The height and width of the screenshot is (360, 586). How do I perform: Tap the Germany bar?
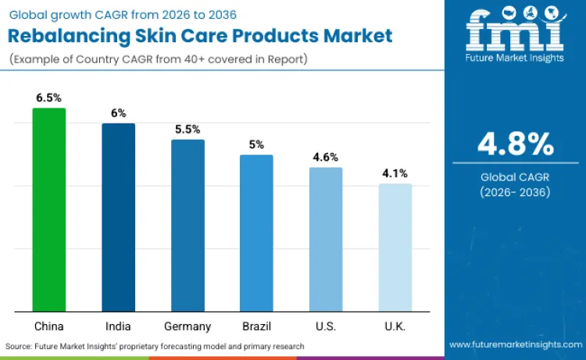click(188, 226)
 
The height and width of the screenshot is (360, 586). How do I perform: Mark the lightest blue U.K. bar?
click(395, 248)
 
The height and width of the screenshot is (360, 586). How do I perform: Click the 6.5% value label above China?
click(49, 98)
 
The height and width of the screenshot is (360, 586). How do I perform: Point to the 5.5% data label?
click(188, 129)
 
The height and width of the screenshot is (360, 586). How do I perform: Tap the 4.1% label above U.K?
click(395, 173)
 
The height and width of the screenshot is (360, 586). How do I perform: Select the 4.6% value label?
click(326, 157)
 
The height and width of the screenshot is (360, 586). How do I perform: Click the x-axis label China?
click(49, 326)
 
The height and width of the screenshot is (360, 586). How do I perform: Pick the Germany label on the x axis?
click(188, 326)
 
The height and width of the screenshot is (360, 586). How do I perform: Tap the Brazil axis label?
click(256, 326)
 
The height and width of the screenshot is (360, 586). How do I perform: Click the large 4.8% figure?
click(516, 144)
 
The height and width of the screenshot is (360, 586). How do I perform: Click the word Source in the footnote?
click(18, 346)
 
